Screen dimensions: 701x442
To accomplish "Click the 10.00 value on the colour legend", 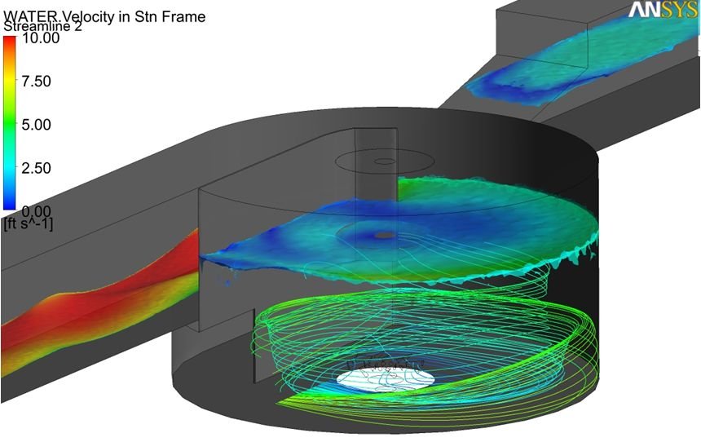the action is click(41, 38).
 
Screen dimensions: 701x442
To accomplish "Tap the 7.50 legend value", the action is click(36, 82).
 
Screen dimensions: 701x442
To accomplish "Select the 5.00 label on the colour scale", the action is click(36, 125).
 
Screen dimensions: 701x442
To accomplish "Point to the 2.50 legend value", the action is click(36, 168).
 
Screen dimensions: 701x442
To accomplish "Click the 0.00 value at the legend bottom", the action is click(36, 210).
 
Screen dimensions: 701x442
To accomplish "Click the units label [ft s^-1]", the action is click(28, 223).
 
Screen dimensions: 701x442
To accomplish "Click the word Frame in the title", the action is click(185, 16).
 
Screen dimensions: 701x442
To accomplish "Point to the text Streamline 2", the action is click(43, 27).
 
